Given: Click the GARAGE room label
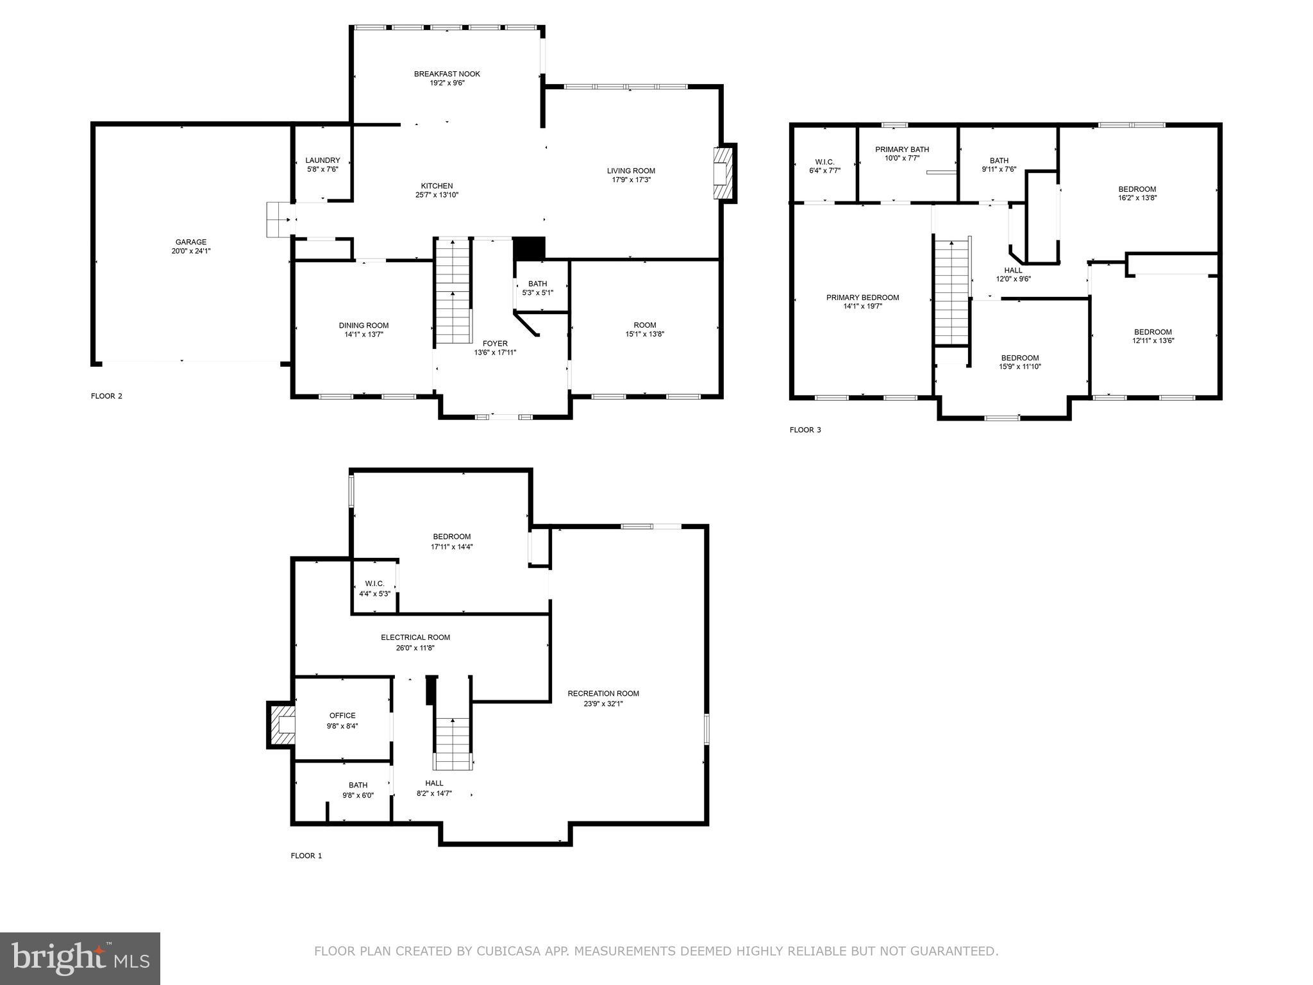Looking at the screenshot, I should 191,242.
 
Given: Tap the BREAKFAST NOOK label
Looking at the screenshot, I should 447,74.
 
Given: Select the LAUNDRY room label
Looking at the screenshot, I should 322,160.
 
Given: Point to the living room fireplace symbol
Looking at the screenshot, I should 722,173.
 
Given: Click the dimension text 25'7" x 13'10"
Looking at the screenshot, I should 437,195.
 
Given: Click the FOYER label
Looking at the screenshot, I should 495,344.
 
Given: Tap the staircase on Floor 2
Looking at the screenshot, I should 453,292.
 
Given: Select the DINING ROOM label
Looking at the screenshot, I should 364,325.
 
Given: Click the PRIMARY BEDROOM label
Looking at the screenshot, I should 862,298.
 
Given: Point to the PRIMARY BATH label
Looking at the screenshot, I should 902,149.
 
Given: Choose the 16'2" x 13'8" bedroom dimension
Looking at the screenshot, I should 1137,198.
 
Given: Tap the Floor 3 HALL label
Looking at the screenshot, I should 1014,270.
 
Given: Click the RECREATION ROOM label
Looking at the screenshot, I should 603,693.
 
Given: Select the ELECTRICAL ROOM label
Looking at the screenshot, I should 415,637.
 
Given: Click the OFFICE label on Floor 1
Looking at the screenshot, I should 342,716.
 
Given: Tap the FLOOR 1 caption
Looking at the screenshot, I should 306,855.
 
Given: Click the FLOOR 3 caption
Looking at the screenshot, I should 805,430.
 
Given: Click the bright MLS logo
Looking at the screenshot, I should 80,959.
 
